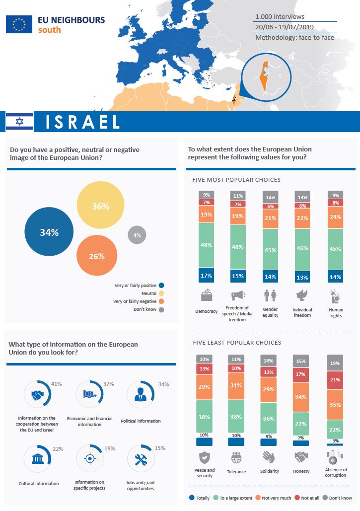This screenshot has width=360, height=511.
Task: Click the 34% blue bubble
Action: click(x=49, y=232)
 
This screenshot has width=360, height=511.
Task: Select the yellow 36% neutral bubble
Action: click(x=100, y=206)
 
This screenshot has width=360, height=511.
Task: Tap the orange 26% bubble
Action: click(x=97, y=256)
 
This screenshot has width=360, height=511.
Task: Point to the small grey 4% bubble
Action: click(x=137, y=235)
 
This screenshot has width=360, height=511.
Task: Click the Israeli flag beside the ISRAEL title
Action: click(x=19, y=122)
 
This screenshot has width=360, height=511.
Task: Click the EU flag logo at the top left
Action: click(x=19, y=24)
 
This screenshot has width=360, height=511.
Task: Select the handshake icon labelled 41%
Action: click(x=37, y=395)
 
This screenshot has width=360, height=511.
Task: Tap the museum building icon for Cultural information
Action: click(x=37, y=459)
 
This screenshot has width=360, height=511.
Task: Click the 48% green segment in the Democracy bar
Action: click(x=207, y=245)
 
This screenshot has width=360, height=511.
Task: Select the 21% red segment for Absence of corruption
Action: click(x=335, y=380)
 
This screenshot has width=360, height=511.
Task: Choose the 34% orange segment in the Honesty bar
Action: click(x=301, y=397)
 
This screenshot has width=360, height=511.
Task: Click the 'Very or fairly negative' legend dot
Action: click(x=161, y=301)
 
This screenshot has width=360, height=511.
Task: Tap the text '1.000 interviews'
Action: click(x=280, y=16)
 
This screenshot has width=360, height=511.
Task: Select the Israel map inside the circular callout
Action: click(x=265, y=76)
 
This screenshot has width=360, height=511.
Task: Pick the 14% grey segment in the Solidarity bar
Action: click(x=269, y=362)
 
